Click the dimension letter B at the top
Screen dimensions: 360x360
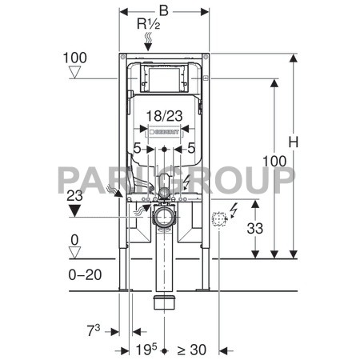pos(164,11)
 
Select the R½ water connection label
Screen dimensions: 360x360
pos(149,24)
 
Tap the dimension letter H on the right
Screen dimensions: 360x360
pos(294,142)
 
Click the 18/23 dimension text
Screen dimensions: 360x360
pos(165,116)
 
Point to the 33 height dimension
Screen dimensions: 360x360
pos(255,229)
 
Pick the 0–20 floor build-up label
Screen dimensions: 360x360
pos(85,274)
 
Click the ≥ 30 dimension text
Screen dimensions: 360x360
pos(192,350)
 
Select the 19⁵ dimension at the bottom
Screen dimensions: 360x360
pos(146,350)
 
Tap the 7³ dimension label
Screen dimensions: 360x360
pos(94,330)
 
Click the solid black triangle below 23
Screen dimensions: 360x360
pos(74,210)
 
